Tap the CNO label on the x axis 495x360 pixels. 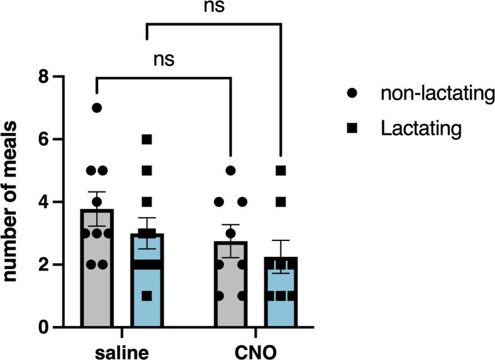point(256,351)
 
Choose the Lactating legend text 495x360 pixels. point(420,128)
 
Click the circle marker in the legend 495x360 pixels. point(352,94)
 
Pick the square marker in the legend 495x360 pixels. point(352,128)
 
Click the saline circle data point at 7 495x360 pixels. point(96,108)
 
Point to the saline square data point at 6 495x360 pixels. point(147,139)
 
